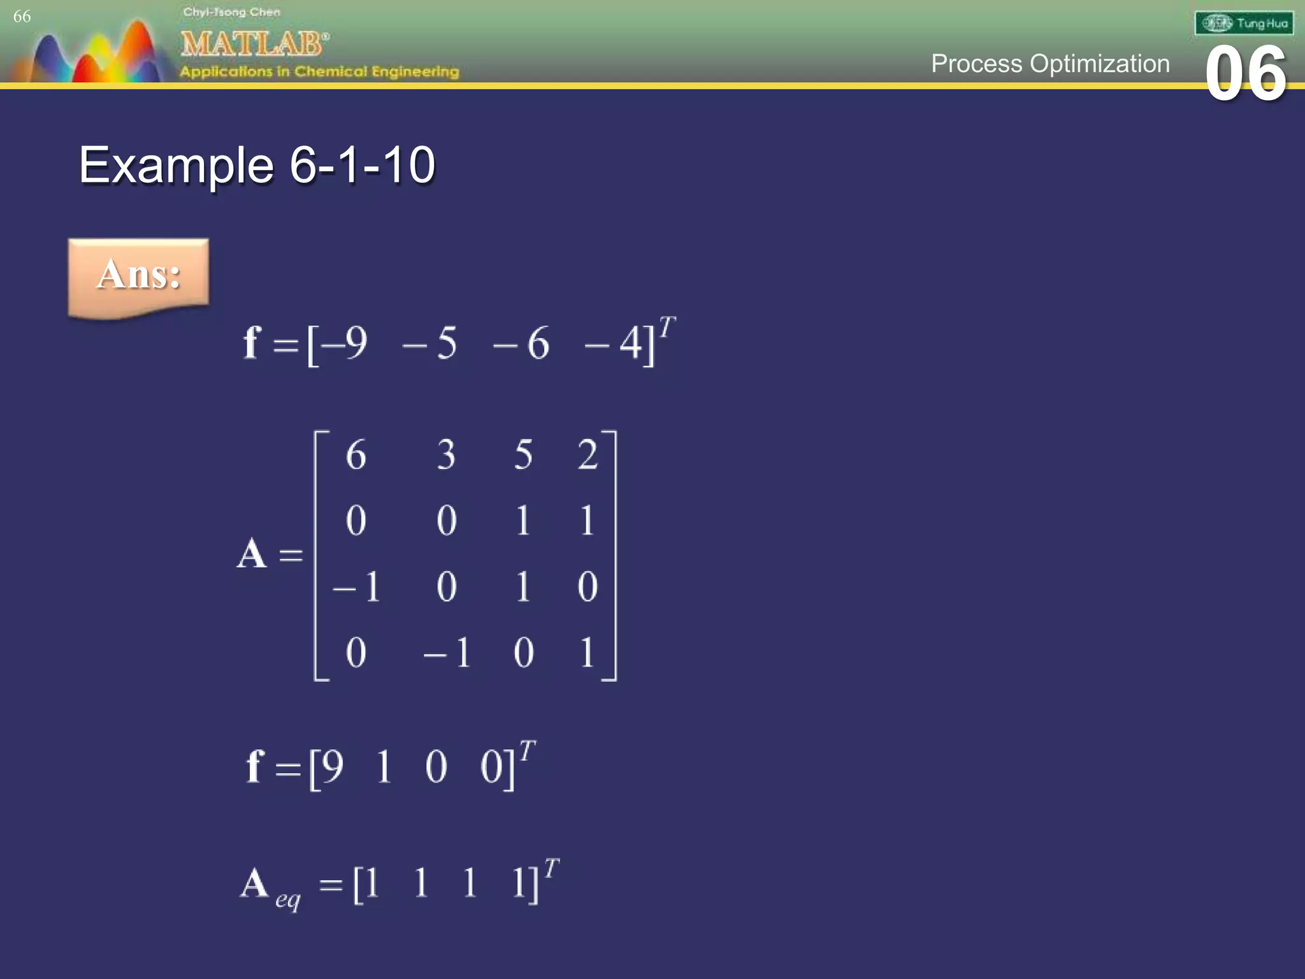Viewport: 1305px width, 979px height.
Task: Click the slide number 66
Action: point(22,17)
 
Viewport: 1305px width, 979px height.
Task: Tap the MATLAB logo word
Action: point(254,44)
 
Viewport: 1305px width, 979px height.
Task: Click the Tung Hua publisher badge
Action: point(1244,24)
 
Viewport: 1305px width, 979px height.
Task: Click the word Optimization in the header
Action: point(1100,64)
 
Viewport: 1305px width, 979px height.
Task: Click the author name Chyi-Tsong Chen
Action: point(231,12)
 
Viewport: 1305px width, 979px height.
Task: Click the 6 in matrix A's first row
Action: point(356,455)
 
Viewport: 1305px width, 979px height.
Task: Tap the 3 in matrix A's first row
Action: point(446,455)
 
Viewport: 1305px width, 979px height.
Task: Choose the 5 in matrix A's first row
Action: point(523,455)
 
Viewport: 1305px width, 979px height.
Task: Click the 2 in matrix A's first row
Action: point(588,455)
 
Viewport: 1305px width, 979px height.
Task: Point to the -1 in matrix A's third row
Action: point(357,586)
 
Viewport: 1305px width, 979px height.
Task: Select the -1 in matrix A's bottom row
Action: point(447,653)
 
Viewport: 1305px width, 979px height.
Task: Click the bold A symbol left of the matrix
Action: point(252,553)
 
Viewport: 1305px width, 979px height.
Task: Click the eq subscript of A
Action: point(287,899)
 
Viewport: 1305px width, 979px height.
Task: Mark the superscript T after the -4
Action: point(667,328)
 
